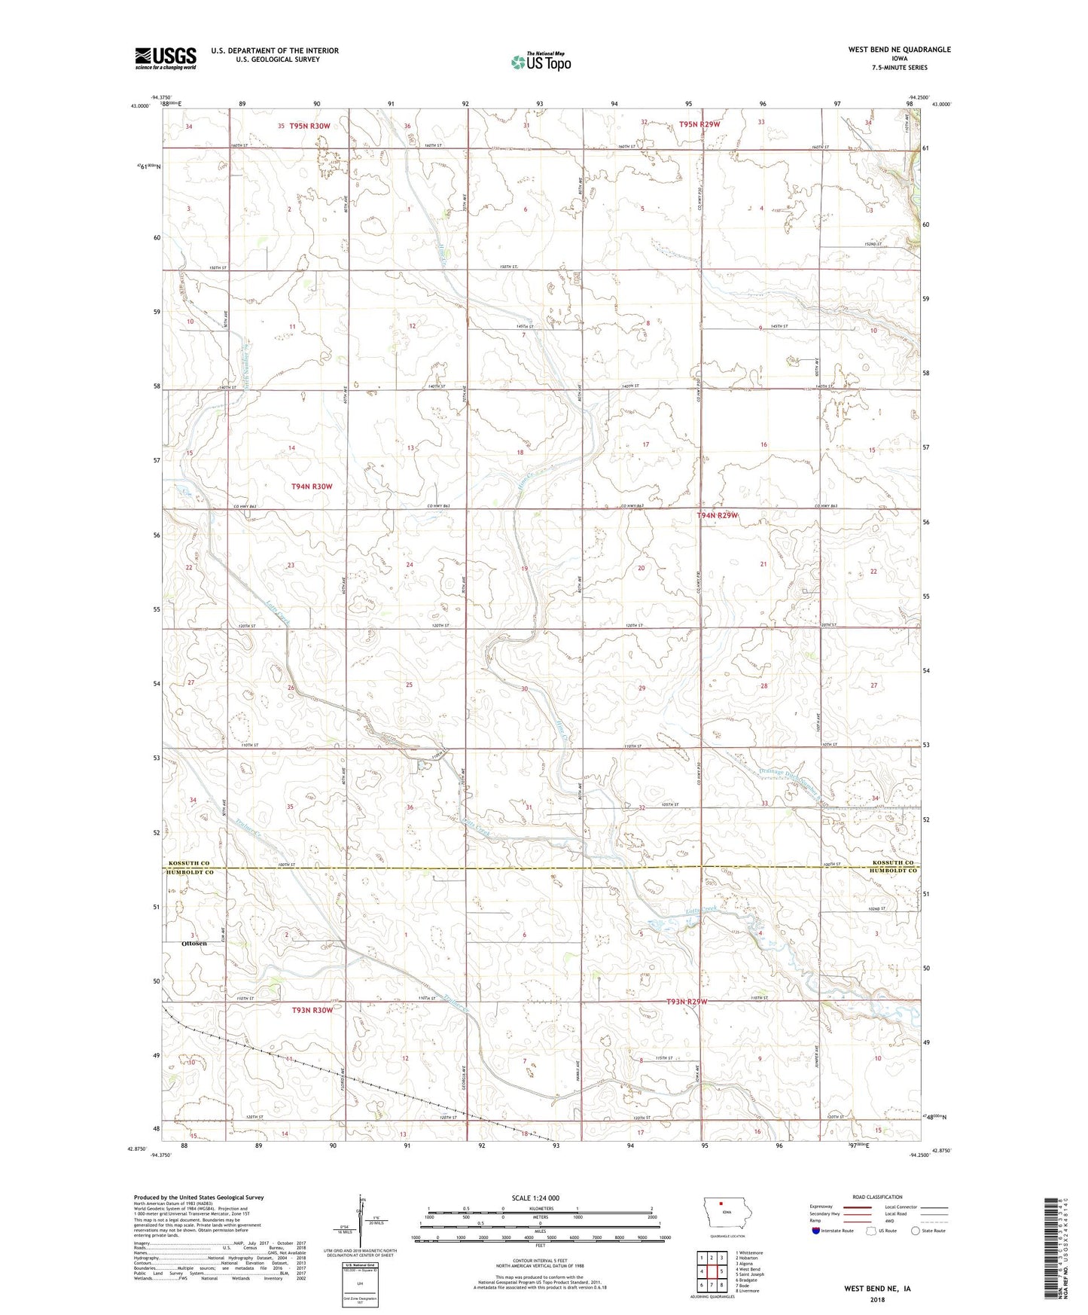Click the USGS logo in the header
(165, 57)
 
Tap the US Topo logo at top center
(540, 62)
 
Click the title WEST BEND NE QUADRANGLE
(899, 50)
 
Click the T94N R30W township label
(312, 487)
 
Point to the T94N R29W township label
(717, 515)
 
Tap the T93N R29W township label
(687, 1002)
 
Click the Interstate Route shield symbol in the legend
(816, 1231)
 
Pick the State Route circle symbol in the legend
(916, 1231)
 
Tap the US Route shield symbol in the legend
(871, 1231)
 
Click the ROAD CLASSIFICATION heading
(876, 1197)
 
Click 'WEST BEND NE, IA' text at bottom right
(876, 1289)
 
